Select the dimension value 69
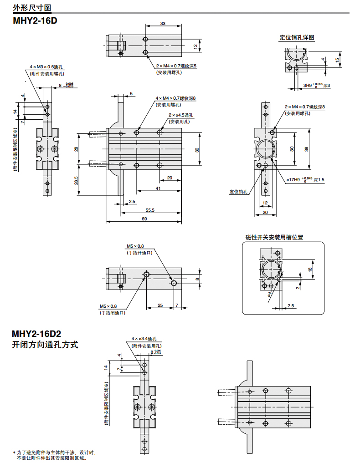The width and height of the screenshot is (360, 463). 144,219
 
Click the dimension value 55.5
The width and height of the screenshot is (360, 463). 150,210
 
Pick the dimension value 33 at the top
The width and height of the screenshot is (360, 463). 162,23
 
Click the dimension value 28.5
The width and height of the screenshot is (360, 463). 76,180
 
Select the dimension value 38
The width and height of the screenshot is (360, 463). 306,148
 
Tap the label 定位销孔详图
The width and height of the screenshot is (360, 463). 297,38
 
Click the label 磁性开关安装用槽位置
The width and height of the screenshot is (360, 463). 274,237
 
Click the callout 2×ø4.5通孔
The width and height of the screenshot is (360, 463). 181,116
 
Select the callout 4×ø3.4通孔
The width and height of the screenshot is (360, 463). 144,339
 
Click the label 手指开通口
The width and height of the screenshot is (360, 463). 139,252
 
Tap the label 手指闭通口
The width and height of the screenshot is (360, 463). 113,313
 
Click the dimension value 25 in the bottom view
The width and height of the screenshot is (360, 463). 160,305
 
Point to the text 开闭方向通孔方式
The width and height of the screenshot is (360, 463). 45,345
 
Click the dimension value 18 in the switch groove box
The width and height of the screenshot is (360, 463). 310,270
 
